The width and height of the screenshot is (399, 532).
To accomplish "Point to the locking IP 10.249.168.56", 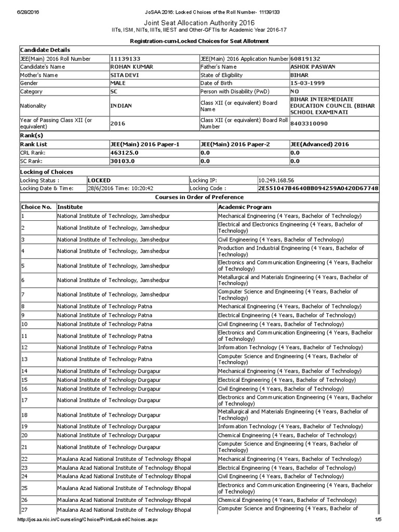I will pyautogui.click(x=279, y=180).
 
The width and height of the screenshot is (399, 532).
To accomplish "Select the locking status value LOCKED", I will pyautogui.click(x=100, y=180).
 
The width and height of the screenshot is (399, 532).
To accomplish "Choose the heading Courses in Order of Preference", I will pyautogui.click(x=199, y=197).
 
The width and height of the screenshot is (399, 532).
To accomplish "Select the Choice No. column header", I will pyautogui.click(x=36, y=207).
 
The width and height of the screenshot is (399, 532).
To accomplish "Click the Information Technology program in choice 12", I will pyautogui.click(x=294, y=347).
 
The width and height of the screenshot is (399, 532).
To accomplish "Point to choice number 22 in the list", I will pyautogui.click(x=24, y=459).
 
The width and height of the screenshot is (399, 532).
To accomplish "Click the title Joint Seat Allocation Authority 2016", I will pyautogui.click(x=199, y=23).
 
